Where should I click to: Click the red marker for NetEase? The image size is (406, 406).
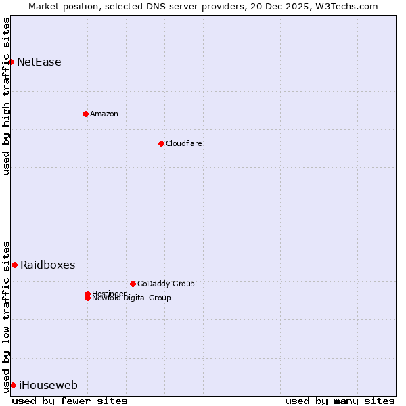click(11, 62)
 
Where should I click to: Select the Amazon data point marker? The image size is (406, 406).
click(85, 114)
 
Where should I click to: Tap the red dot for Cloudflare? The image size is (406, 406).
click(161, 143)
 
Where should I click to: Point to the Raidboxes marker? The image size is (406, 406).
click(14, 265)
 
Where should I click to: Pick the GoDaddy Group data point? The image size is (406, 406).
click(133, 284)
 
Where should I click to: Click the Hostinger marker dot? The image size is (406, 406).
click(87, 294)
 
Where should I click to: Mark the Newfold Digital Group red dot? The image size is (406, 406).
click(87, 298)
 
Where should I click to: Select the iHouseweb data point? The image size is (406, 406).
click(13, 385)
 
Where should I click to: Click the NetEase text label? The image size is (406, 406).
click(39, 62)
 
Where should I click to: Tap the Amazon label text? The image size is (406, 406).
click(104, 114)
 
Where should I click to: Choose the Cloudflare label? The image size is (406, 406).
click(183, 143)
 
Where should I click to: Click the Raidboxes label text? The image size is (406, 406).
click(47, 265)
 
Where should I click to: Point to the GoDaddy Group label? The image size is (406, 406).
click(166, 284)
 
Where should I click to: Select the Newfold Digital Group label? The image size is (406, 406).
click(132, 298)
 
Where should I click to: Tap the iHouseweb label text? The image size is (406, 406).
click(48, 386)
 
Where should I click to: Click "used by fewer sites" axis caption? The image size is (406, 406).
click(70, 401)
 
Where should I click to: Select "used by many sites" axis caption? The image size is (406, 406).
click(340, 401)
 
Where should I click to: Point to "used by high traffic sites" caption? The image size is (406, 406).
click(6, 96)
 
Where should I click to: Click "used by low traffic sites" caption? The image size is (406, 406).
click(6, 316)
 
